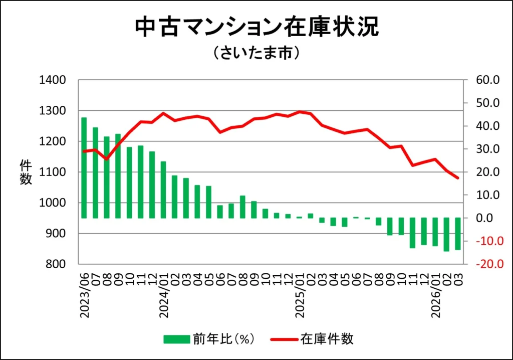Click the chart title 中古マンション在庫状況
coord(256,28)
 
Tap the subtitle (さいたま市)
coord(256,52)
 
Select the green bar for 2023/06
coord(84,168)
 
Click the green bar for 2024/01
coord(163,190)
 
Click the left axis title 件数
coord(26,172)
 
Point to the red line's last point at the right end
coord(457,178)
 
